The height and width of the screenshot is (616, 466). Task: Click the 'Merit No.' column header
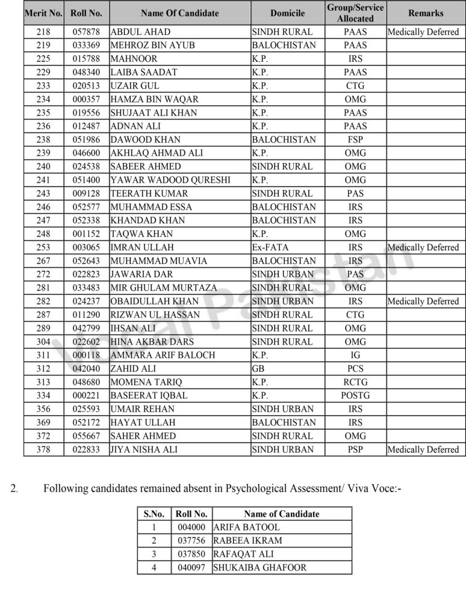(43, 13)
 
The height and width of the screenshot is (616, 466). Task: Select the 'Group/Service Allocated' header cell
(355, 13)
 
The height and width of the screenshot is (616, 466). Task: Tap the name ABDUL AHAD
(140, 32)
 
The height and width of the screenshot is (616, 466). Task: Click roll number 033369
(86, 45)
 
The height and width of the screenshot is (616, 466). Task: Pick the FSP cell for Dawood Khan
(355, 140)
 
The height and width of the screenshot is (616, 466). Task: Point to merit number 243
(43, 193)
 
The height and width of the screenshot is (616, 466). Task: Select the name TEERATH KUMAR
(149, 193)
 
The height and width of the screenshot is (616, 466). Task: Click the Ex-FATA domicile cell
(266, 247)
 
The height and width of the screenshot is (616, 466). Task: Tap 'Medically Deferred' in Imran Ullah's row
(423, 247)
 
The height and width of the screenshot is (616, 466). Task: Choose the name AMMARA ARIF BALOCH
(163, 355)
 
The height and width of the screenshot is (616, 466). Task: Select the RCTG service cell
(355, 382)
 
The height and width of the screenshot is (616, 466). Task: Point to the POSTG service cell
(355, 395)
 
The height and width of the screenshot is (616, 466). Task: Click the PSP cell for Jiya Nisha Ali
(355, 449)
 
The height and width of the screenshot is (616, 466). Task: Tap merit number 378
(43, 449)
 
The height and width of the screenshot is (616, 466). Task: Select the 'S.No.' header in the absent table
(154, 514)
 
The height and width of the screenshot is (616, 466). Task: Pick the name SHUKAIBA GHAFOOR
(260, 567)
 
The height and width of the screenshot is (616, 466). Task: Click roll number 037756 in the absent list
(191, 540)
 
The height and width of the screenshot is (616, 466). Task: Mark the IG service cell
(355, 355)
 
